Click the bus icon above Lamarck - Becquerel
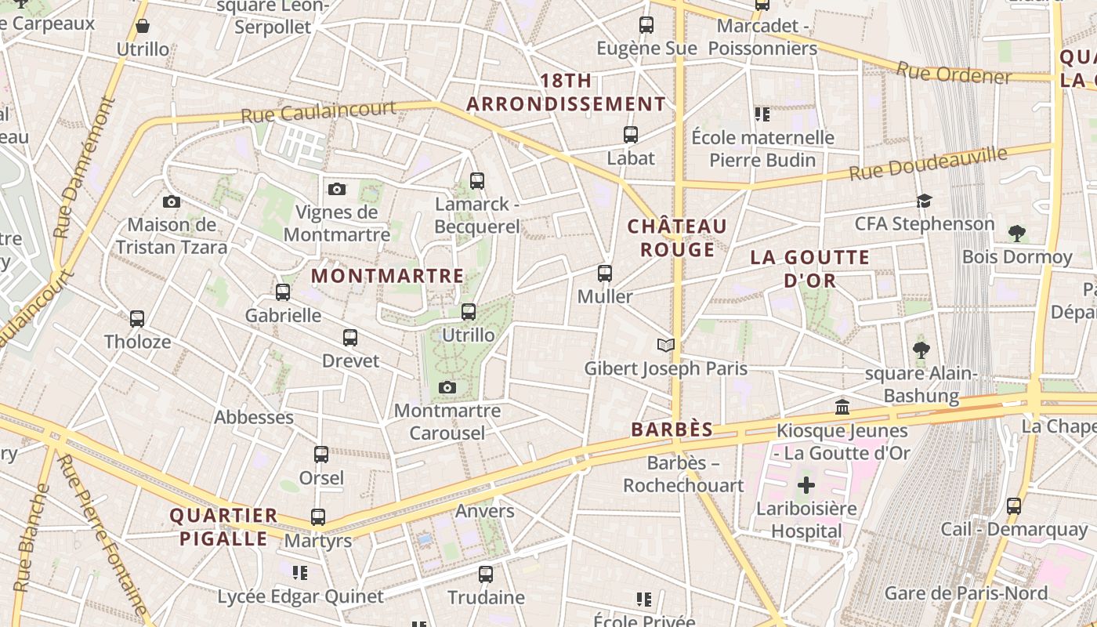tap(477, 181)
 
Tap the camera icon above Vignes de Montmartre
tap(337, 189)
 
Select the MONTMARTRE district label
tap(388, 276)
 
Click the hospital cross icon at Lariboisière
tap(806, 485)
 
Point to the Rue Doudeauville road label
tap(928, 163)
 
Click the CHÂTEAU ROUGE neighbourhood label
tap(678, 237)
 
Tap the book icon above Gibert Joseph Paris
tap(666, 345)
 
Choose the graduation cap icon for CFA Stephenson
tap(924, 201)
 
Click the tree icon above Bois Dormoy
tap(1017, 233)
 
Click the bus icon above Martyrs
tap(317, 517)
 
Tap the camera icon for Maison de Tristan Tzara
tap(172, 201)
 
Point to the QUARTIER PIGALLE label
tap(224, 527)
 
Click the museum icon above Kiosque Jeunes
tap(842, 407)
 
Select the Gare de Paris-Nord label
tap(966, 593)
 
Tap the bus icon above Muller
tap(605, 274)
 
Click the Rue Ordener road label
tap(954, 74)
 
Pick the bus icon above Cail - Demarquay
tap(1014, 506)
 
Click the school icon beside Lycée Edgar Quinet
tap(299, 573)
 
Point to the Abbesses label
tap(254, 417)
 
